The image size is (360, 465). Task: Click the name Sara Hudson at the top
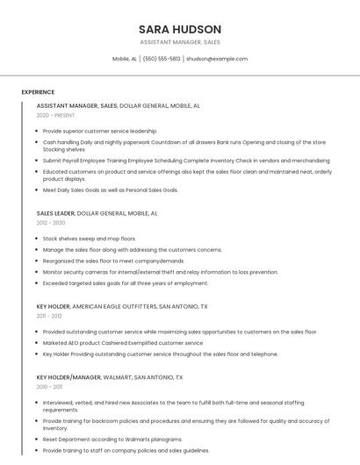click(x=179, y=29)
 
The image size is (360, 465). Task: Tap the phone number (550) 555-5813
click(x=162, y=59)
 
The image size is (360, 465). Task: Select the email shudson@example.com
click(x=217, y=59)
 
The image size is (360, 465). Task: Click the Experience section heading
click(x=38, y=92)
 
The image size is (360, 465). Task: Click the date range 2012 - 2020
click(x=50, y=223)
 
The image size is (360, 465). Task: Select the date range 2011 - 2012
click(x=49, y=316)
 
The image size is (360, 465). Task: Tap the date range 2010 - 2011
click(x=49, y=386)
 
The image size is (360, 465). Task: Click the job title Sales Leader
click(x=55, y=213)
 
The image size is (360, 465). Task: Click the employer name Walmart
click(x=118, y=376)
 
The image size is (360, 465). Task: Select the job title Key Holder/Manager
click(x=68, y=376)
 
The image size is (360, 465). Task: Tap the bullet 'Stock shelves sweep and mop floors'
click(x=90, y=238)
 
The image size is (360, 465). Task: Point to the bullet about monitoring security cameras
click(x=161, y=272)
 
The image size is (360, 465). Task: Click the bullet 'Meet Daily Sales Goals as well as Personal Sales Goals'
click(x=111, y=190)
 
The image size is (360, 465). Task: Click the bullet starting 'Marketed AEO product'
click(x=123, y=343)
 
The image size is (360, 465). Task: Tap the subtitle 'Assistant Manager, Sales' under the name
click(x=179, y=42)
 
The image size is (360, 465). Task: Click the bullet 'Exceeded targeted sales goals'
click(x=126, y=283)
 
